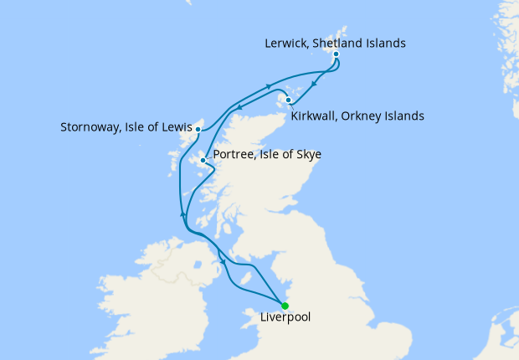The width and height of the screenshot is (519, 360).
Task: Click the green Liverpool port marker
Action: coord(285,306)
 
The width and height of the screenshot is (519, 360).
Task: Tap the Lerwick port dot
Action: coord(336,54)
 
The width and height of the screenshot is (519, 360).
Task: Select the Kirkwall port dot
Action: coord(288,101)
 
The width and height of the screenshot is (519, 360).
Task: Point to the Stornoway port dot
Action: coord(198,130)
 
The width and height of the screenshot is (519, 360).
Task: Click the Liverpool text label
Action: coord(285,318)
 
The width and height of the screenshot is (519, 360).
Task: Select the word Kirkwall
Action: coord(316,116)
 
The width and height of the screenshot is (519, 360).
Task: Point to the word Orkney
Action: coord(366,116)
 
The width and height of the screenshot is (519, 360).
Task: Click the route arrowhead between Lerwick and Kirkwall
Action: coord(312,84)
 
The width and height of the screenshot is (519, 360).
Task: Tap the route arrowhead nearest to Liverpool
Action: coord(224,265)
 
